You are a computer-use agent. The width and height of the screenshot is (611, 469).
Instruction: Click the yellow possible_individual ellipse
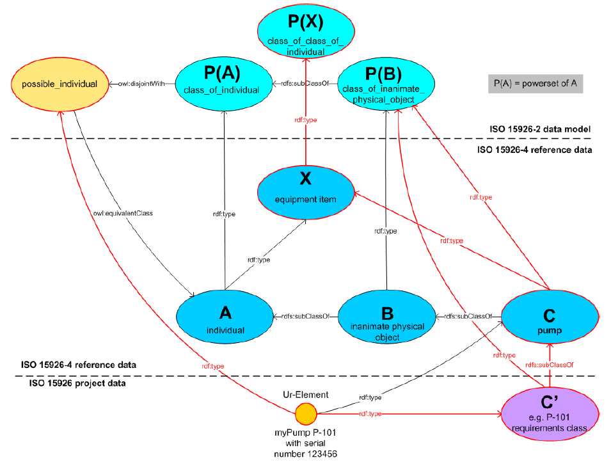point(58,84)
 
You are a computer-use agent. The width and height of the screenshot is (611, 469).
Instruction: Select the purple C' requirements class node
point(548,415)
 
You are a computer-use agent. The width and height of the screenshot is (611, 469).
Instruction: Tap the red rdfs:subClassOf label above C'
point(549,363)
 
